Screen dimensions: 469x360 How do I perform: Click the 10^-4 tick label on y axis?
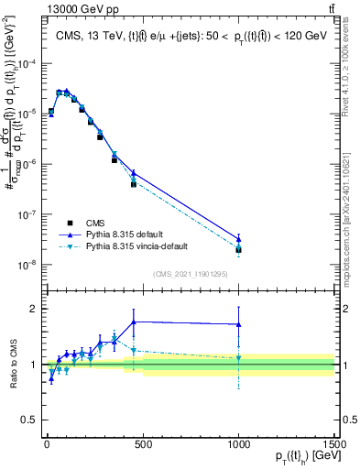27,63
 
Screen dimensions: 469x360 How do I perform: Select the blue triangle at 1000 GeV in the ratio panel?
238,324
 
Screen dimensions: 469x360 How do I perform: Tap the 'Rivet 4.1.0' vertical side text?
352,69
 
